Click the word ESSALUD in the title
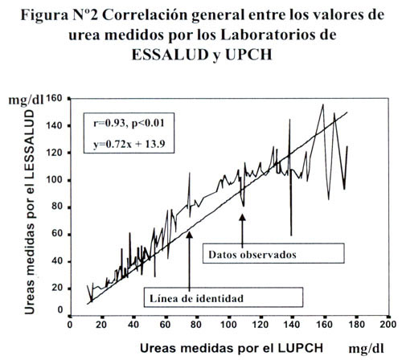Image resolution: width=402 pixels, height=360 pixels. tap(170, 55)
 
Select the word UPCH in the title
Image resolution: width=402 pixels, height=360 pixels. tap(248, 55)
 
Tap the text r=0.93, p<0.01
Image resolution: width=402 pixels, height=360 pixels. tap(129, 124)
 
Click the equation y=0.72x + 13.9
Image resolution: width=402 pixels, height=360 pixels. tap(129, 144)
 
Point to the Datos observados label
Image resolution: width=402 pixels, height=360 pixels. tap(252, 255)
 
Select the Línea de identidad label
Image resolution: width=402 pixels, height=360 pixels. tap(196, 298)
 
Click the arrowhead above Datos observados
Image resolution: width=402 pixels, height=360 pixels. tap(242, 217)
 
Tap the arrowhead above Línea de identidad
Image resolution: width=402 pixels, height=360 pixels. tap(189, 235)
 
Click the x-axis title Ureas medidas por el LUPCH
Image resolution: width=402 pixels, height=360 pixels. tap(232, 348)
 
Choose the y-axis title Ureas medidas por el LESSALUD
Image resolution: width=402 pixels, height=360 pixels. tap(30, 212)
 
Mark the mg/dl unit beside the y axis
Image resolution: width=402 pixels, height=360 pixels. tap(26, 100)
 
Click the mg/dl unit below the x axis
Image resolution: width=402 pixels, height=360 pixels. tap(366, 349)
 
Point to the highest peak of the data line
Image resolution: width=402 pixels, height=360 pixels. tap(323, 104)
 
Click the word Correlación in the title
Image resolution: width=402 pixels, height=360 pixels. tap(146, 15)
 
